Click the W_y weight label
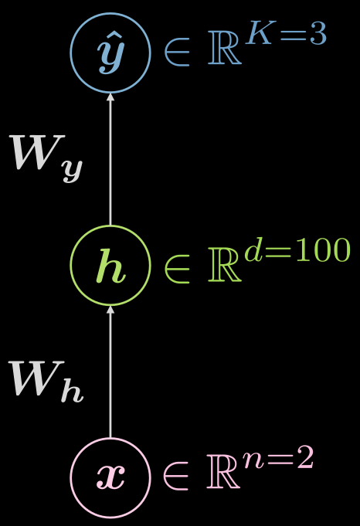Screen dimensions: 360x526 tap(46, 158)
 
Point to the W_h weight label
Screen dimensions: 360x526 tap(46, 382)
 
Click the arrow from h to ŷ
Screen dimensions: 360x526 tap(110, 159)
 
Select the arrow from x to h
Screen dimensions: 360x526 tap(110, 372)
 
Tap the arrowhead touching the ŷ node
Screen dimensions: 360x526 tap(110, 97)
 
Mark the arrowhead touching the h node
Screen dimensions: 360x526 tap(110, 310)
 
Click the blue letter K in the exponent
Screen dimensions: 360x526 tap(260, 33)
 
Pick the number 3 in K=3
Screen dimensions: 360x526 tap(318, 33)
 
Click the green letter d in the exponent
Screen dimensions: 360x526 tap(253, 249)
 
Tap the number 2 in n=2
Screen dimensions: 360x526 tap(305, 457)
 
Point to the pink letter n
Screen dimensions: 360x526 tap(254, 460)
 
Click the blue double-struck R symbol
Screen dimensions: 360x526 tap(225, 48)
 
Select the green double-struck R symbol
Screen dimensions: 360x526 tap(225, 265)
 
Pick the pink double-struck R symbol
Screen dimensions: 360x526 tap(223, 472)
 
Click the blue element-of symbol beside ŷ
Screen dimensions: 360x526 tap(177, 53)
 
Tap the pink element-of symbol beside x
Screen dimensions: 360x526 tap(176, 477)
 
